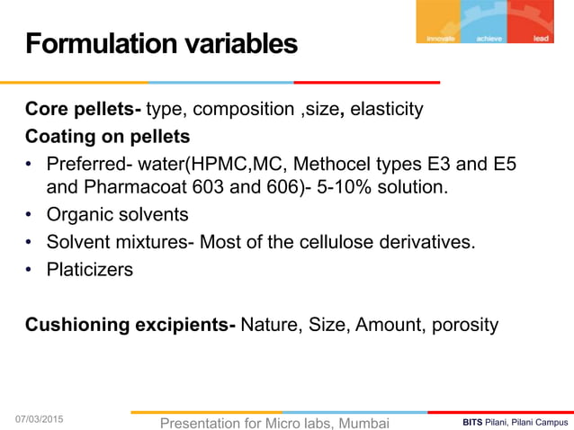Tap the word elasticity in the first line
[387, 111]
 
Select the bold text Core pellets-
[83, 111]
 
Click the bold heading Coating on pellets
[107, 137]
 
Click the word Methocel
[341, 164]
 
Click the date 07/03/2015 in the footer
[48, 419]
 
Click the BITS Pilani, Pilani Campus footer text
[515, 421]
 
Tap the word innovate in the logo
[440, 38]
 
